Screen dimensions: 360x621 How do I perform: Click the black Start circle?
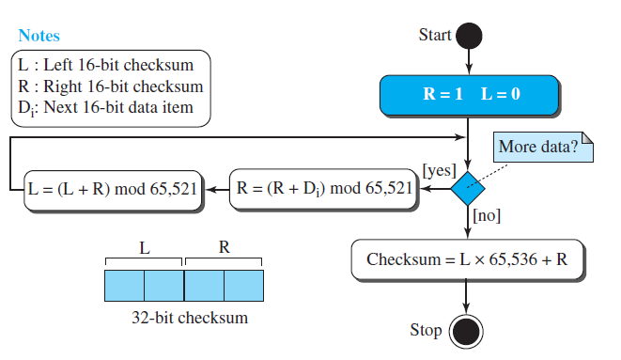[468, 36]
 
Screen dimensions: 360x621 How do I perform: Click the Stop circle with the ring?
[466, 331]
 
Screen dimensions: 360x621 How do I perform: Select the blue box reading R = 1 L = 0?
[469, 95]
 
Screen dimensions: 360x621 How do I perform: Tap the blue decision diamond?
[467, 189]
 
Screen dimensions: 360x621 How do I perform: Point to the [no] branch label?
[487, 215]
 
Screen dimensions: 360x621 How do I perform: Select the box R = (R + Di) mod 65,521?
[323, 188]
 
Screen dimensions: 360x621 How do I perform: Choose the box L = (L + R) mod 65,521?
[113, 188]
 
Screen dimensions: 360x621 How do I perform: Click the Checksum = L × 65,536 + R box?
[467, 258]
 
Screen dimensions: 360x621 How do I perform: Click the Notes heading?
[39, 36]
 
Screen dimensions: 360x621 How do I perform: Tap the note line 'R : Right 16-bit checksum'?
[111, 86]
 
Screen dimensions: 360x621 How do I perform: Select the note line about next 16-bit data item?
[105, 107]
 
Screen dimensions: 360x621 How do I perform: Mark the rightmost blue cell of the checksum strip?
[244, 284]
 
